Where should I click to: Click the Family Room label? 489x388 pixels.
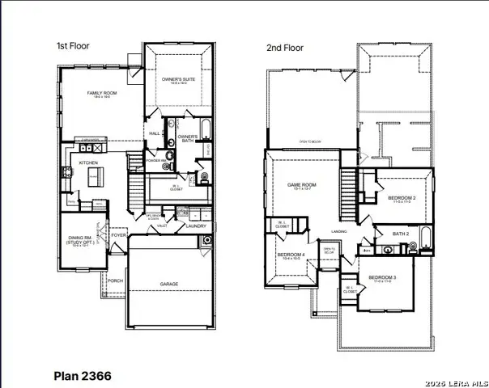(103, 94)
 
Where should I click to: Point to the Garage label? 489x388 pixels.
(169, 284)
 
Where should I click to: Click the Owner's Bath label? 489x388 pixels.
(188, 137)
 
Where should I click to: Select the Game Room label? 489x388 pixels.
(302, 185)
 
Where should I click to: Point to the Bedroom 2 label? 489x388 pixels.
(402, 198)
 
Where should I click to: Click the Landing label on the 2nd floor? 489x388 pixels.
(339, 231)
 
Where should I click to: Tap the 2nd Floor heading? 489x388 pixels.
(284, 48)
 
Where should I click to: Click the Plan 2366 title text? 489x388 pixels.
(83, 376)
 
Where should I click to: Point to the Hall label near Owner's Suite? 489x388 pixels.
(155, 133)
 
